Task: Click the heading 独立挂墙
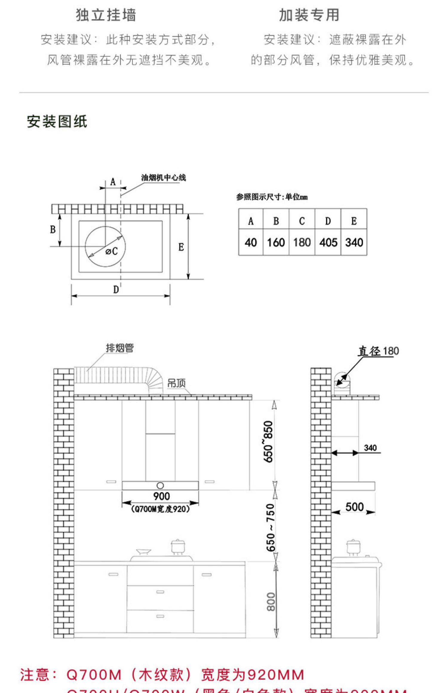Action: (106, 15)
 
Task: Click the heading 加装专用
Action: (309, 15)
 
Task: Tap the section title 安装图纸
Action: (57, 121)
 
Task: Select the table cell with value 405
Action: (328, 242)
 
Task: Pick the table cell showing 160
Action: (276, 242)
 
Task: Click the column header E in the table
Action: (354, 221)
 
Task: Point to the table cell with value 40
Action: (251, 242)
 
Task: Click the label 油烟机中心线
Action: (163, 178)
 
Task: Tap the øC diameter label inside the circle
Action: (112, 252)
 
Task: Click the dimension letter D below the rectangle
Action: (116, 289)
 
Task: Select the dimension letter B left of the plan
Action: (53, 230)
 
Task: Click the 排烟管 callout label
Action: (120, 348)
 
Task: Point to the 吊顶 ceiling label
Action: (176, 383)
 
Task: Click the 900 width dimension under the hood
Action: (161, 496)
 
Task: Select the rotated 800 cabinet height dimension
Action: (271, 602)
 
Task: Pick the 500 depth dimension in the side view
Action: (355, 507)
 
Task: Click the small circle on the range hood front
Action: (160, 485)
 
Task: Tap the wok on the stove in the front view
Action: (143, 552)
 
